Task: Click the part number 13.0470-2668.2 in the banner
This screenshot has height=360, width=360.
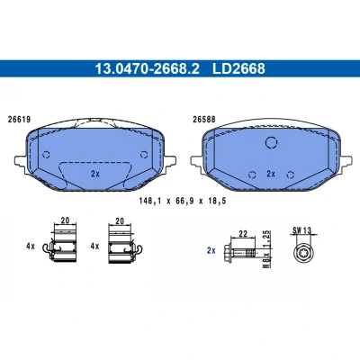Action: coord(147,68)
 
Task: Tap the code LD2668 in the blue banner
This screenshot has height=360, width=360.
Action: coord(238,68)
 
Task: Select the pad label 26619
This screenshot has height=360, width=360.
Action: coord(19,120)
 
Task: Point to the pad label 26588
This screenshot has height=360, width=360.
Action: coord(204,120)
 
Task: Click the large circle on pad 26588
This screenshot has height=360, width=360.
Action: coord(271,142)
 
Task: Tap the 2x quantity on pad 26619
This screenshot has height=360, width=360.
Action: coord(95,174)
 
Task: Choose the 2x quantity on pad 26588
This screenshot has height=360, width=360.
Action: coord(271,174)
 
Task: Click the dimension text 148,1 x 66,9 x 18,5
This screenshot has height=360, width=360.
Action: coord(183,201)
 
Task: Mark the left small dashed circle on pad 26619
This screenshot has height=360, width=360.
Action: coord(46,155)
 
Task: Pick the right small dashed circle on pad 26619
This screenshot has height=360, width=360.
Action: coord(144,155)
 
